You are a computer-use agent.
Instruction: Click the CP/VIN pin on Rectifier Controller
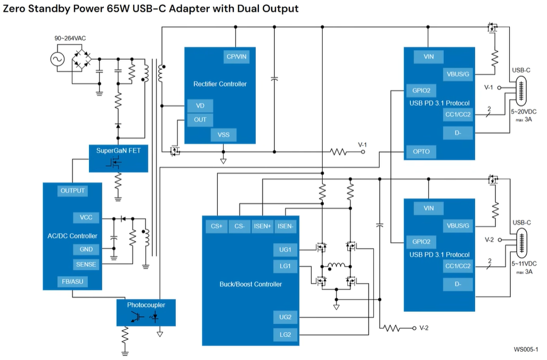(x=236, y=56)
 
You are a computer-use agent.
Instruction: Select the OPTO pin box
(x=421, y=152)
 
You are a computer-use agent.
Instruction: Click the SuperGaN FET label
(x=118, y=151)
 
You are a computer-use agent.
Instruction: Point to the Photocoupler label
(x=146, y=305)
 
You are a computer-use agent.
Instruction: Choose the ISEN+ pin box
(x=262, y=226)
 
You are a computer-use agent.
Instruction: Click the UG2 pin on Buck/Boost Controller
(x=285, y=317)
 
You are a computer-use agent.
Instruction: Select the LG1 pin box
(x=285, y=266)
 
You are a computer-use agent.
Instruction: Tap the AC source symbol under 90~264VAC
(x=56, y=59)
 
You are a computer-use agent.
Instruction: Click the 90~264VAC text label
(x=70, y=39)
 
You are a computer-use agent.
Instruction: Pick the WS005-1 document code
(x=526, y=349)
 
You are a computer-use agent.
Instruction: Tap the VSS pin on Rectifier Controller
(x=224, y=135)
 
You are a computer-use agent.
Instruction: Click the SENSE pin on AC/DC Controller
(x=86, y=264)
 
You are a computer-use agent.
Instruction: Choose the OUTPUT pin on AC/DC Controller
(x=72, y=191)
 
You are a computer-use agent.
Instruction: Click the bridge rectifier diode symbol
(x=81, y=59)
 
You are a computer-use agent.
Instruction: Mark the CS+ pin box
(x=216, y=226)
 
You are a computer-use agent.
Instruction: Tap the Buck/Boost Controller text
(x=250, y=284)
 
